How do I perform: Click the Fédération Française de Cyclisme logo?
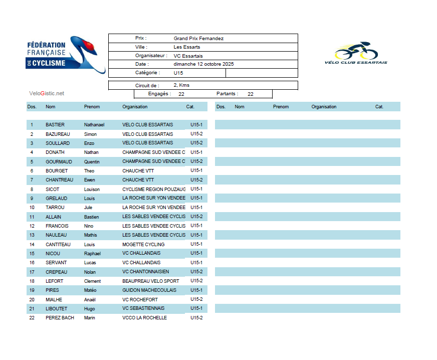[x=65, y=54]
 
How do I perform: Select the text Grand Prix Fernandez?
[x=198, y=39]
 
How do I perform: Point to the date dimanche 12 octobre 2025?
[x=203, y=64]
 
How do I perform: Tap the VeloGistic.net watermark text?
[x=47, y=93]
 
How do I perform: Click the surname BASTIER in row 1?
[x=55, y=125]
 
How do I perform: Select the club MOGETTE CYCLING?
[x=143, y=245]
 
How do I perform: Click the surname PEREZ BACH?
[x=60, y=318]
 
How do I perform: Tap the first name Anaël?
[x=91, y=300]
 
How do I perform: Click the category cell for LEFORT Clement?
[x=196, y=281]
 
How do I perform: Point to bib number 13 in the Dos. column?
[x=32, y=235]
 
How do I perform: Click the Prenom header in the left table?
[x=92, y=107]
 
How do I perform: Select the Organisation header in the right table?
[x=324, y=107]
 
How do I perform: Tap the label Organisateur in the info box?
[x=151, y=56]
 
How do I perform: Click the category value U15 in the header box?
[x=178, y=73]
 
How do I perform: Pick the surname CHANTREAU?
[x=59, y=180]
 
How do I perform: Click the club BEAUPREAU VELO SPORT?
[x=150, y=281]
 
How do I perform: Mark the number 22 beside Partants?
[x=251, y=94]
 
